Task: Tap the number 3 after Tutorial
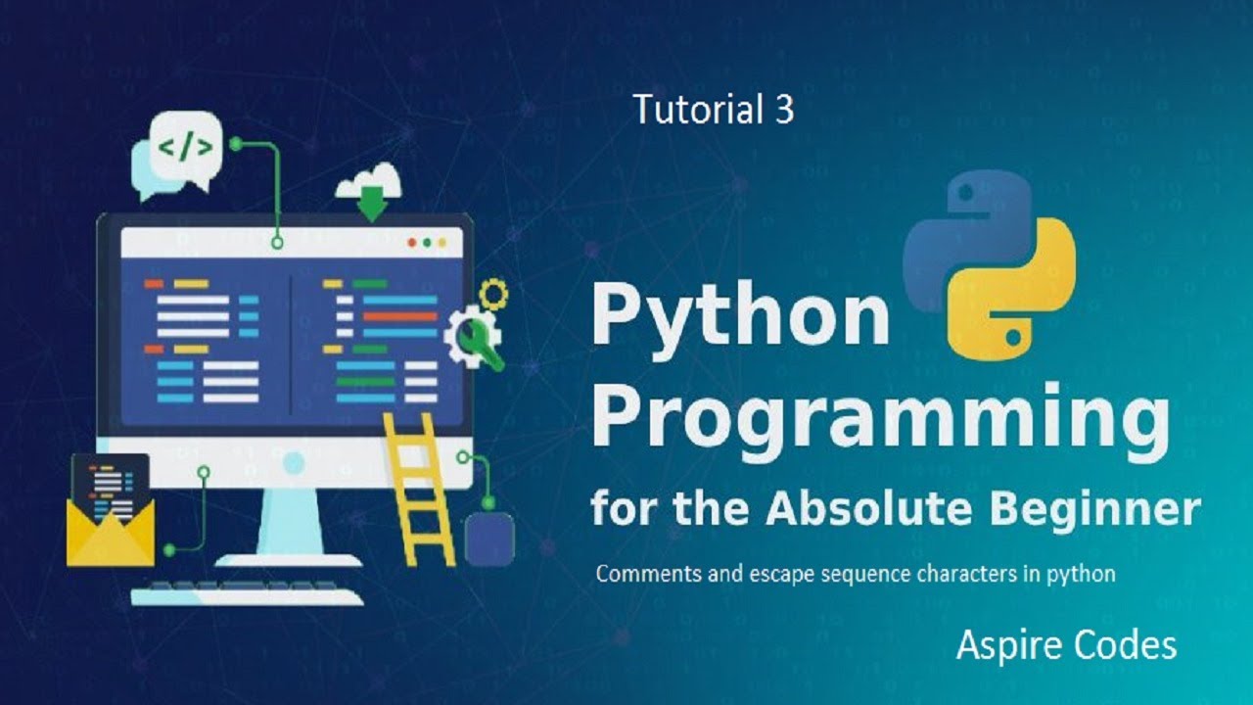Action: click(x=783, y=109)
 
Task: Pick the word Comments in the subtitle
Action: click(x=645, y=573)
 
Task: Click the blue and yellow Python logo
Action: click(x=989, y=264)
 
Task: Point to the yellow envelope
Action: click(x=110, y=529)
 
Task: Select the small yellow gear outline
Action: click(x=494, y=293)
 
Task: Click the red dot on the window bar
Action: click(x=412, y=242)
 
